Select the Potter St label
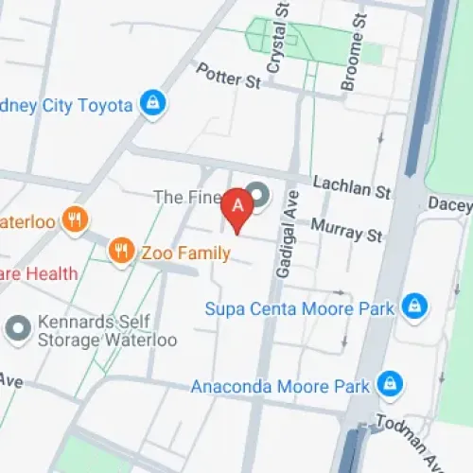[x=227, y=75]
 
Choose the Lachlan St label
[x=352, y=189]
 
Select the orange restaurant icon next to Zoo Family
[x=120, y=252]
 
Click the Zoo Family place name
[x=185, y=253]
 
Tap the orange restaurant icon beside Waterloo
[x=75, y=221]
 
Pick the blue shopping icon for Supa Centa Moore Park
[x=412, y=307]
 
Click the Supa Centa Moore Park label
[x=298, y=307]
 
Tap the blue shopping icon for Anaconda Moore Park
[x=386, y=384]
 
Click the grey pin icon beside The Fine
[x=258, y=196]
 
